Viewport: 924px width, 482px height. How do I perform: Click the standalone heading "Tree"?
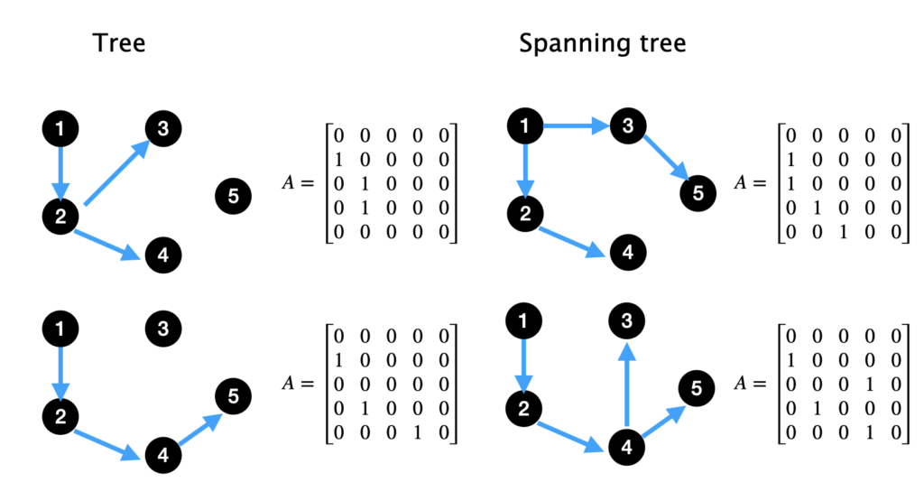(119, 42)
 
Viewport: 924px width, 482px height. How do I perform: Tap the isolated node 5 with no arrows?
(234, 195)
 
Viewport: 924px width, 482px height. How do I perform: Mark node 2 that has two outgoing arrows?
(60, 215)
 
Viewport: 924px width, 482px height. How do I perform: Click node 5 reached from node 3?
(698, 191)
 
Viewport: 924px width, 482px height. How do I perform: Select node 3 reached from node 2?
(162, 129)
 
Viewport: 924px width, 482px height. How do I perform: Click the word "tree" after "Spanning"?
(659, 42)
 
